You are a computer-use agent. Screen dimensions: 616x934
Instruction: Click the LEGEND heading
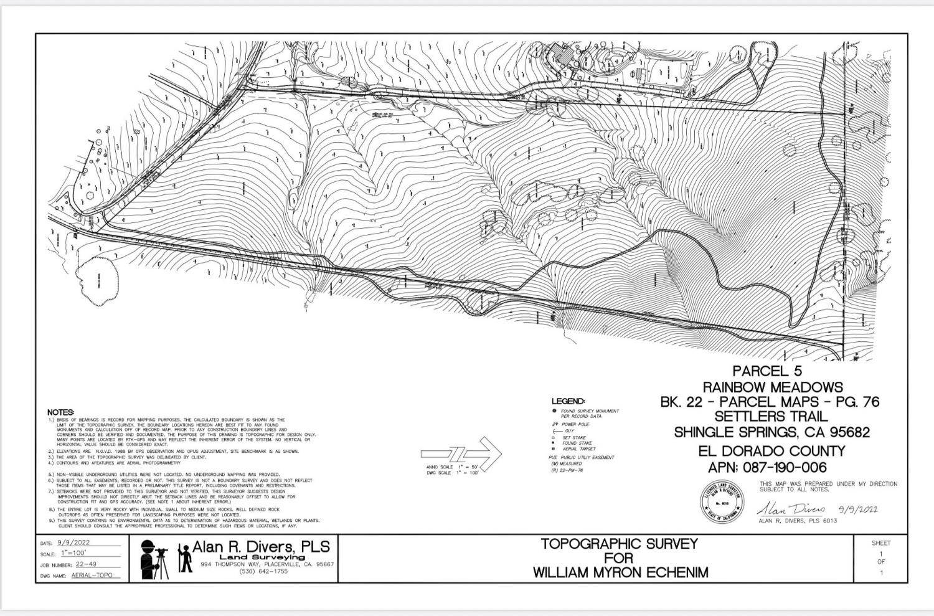568,401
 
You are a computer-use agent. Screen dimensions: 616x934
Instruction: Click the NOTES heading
60,412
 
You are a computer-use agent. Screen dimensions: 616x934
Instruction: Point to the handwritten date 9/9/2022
858,508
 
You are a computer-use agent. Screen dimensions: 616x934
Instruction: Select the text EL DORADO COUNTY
772,451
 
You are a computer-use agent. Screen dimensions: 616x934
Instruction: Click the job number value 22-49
86,564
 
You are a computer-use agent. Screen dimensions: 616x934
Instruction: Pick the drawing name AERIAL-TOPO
92,576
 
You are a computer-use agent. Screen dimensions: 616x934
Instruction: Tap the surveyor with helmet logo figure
151,558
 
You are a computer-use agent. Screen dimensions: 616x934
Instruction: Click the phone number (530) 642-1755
263,572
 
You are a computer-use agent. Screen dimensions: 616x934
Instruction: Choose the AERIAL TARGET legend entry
578,448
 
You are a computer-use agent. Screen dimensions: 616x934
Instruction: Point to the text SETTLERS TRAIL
771,417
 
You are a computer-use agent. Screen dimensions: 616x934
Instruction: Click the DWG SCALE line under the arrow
452,473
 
